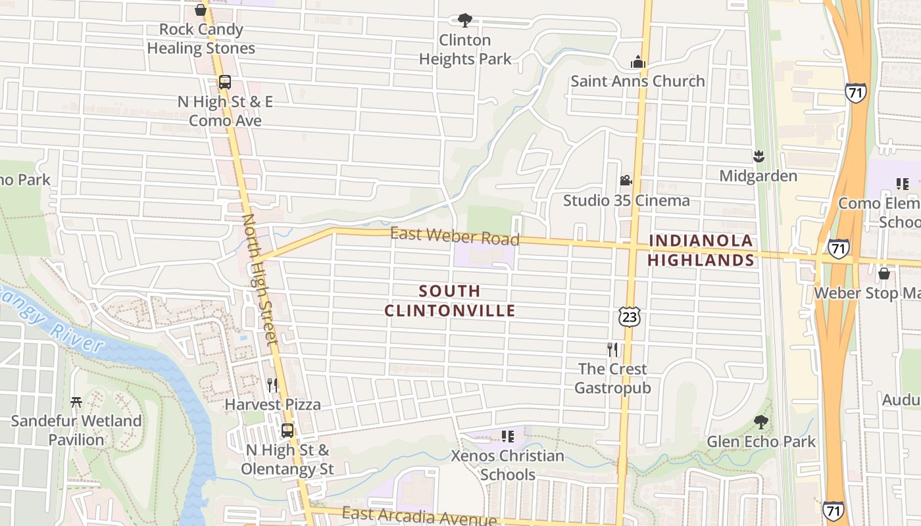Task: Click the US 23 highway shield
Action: coord(629,317)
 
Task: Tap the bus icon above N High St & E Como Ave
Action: coord(225,82)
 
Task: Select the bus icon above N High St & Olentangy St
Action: coord(287,431)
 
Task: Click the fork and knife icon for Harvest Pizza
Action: coord(272,385)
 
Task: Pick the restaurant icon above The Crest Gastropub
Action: coord(612,349)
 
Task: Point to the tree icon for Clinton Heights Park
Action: coord(465,20)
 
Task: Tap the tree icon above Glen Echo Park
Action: coord(761,421)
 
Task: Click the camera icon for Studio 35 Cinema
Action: coord(626,180)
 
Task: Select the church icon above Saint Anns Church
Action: coord(637,62)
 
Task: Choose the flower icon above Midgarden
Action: coord(759,156)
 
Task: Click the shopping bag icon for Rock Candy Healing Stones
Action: coord(201,10)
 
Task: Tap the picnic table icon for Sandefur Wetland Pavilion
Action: coord(76,401)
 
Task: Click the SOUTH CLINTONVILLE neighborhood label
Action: coord(450,300)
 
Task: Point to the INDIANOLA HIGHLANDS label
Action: coord(701,251)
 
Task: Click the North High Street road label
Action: coord(261,278)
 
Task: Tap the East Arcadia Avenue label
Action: coord(420,516)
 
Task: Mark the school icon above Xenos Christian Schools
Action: coord(507,436)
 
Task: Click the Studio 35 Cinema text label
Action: coord(626,201)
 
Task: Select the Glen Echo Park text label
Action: coord(761,442)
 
